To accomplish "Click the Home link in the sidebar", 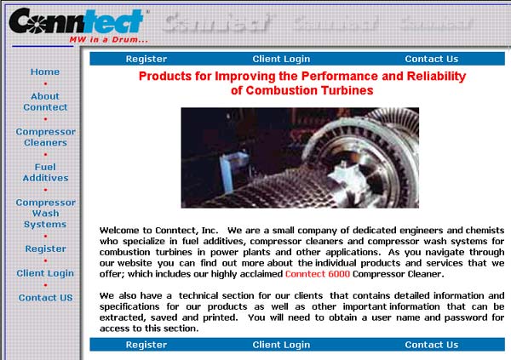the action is [x=45, y=71].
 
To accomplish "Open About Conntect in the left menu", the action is [x=45, y=101].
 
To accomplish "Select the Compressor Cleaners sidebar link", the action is [x=46, y=137].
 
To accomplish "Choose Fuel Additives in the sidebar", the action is [x=45, y=173].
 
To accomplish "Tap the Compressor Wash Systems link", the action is [x=46, y=214].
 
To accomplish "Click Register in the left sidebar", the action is [x=46, y=249].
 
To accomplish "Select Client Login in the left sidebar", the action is [x=45, y=273].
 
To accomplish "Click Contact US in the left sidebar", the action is [x=46, y=298].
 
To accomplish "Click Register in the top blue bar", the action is [x=146, y=59].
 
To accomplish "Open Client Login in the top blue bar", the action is [x=281, y=59].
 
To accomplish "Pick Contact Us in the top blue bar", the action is [x=432, y=59].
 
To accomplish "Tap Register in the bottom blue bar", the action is [x=146, y=345].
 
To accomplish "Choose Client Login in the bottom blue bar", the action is [x=281, y=345].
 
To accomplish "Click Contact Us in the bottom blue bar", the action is [x=432, y=345].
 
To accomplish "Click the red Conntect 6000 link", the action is [x=318, y=274].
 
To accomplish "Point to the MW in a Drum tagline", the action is [x=108, y=40].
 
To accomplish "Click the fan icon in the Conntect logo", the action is [x=37, y=23].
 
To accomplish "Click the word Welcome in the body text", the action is [x=120, y=231].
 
